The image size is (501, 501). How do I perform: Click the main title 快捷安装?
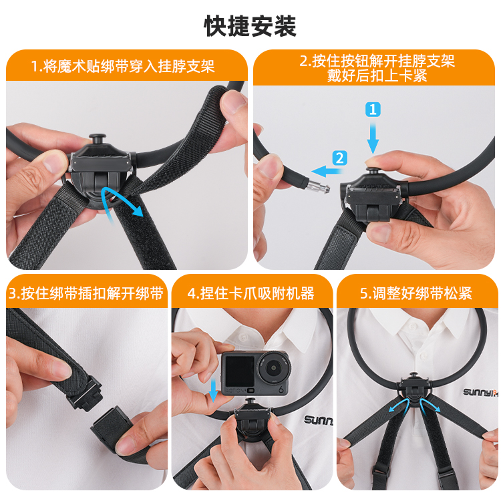coord(251,26)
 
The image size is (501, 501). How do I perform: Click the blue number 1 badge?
coord(373,110)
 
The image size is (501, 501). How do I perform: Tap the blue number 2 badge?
coord(339,158)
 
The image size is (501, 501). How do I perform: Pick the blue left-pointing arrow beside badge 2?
coord(327,171)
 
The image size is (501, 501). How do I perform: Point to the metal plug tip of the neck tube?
coord(318,187)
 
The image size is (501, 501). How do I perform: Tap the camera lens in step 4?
coord(273,368)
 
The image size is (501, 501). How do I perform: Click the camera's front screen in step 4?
coord(239,371)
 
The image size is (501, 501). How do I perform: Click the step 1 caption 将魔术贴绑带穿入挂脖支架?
coord(129,66)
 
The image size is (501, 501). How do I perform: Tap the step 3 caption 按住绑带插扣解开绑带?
coord(92,293)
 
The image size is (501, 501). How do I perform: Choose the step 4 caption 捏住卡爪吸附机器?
coord(257,293)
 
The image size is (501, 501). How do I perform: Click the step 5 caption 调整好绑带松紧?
coord(422,293)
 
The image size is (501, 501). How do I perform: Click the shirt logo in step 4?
coord(317,420)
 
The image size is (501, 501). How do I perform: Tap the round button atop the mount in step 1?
coord(98,140)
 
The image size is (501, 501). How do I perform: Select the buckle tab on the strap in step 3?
coord(86,394)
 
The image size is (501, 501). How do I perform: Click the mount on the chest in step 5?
coord(413,391)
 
